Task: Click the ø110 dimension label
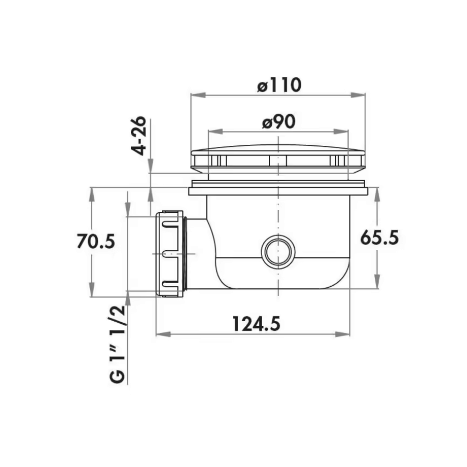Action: click(x=279, y=85)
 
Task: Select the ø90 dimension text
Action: click(x=279, y=121)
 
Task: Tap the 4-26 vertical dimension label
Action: click(x=139, y=136)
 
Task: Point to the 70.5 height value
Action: click(x=95, y=241)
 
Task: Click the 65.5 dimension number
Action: click(x=380, y=238)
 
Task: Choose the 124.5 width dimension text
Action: click(x=257, y=324)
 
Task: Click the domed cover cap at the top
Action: click(x=278, y=159)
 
